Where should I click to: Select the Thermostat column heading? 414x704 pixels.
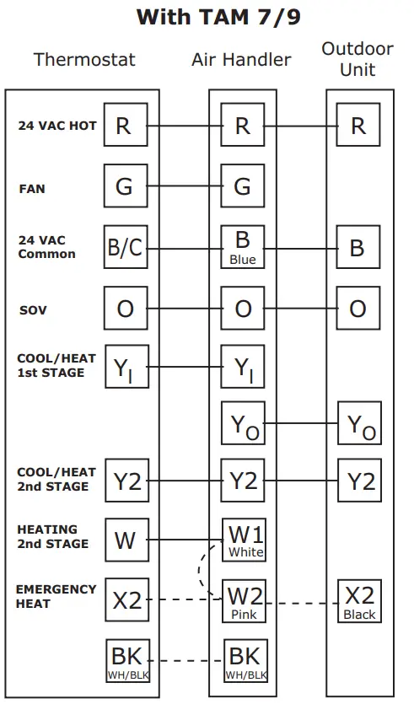click(84, 60)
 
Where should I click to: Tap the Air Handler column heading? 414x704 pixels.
click(241, 60)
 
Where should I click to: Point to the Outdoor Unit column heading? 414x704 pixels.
click(358, 58)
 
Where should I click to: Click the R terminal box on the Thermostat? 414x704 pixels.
click(124, 126)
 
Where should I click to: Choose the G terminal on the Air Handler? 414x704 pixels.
click(242, 186)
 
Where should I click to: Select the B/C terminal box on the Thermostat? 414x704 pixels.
click(125, 248)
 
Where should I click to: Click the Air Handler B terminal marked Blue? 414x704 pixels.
click(243, 248)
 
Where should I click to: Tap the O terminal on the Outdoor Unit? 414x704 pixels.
click(358, 309)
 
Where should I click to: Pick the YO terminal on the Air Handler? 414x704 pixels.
click(243, 426)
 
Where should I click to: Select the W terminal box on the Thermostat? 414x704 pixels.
click(125, 540)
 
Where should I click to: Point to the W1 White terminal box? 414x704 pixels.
click(245, 540)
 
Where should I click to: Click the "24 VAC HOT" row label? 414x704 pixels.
click(57, 126)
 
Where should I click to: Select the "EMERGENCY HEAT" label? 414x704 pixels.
click(56, 596)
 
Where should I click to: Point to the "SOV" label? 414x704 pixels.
click(33, 310)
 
